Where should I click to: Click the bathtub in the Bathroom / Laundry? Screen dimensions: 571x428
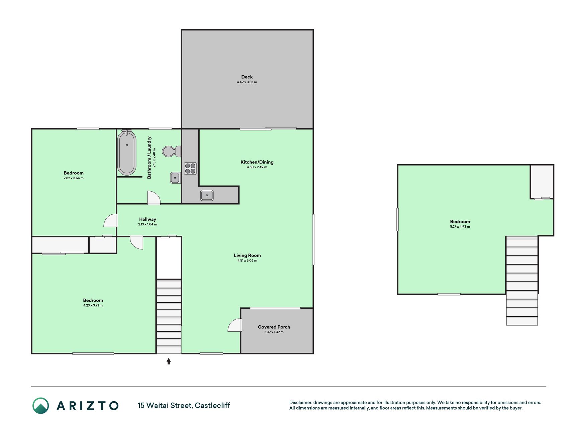pos(127,152)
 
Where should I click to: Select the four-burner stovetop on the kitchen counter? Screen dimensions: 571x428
pos(190,168)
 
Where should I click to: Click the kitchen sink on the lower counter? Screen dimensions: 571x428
pos(207,195)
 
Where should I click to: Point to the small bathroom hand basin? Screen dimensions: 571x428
pos(175,178)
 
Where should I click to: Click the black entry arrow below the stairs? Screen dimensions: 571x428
pos(169,361)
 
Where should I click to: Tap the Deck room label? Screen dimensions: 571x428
pos(247,77)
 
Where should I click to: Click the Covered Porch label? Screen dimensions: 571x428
pos(274,327)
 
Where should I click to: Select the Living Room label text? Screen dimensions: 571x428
pos(247,255)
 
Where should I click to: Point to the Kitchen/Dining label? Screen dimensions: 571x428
pos(257,162)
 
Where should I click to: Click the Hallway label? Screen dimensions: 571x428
pos(148,219)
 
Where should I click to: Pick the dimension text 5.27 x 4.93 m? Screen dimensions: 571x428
pos(460,227)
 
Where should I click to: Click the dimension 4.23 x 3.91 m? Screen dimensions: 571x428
pos(93,305)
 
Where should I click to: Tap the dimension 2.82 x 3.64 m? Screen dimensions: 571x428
pos(74,178)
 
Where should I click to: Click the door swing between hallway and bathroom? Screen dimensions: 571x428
pos(154,198)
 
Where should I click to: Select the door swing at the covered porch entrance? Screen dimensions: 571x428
pos(235,325)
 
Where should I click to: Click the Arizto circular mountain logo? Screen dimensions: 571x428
pos(41,406)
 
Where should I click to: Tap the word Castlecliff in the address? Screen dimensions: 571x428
pos(212,406)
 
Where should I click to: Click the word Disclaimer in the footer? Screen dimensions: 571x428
pos(300,403)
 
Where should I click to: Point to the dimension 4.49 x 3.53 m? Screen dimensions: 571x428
pos(247,82)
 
